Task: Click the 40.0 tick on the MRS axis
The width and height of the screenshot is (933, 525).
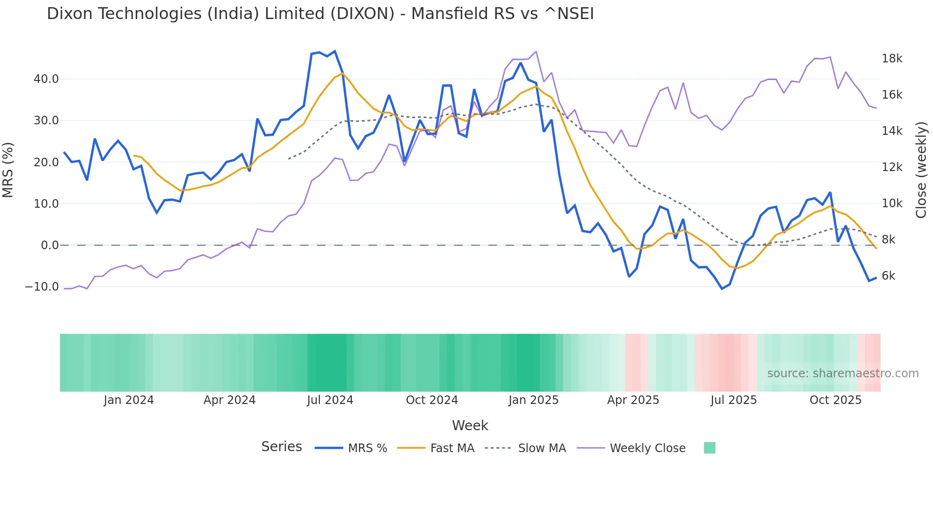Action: pos(46,79)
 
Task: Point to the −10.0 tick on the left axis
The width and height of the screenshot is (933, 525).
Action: pos(42,287)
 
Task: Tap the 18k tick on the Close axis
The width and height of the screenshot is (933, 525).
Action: pos(892,59)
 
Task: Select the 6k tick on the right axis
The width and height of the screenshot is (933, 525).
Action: pos(888,276)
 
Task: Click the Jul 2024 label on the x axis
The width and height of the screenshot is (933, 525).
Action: pos(330,400)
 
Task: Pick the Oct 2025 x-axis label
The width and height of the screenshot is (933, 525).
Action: pos(835,400)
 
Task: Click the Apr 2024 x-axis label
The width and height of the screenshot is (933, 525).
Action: pos(229,400)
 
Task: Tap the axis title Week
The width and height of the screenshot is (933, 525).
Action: pos(470,425)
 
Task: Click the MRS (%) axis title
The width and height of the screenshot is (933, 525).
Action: pos(8,170)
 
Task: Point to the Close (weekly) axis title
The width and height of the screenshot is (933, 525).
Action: pos(921,170)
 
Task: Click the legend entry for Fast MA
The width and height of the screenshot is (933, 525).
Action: pos(452,448)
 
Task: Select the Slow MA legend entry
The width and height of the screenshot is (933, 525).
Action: pos(542,448)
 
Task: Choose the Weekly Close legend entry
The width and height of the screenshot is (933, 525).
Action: pos(647,448)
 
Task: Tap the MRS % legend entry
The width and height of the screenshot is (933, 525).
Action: pos(367,448)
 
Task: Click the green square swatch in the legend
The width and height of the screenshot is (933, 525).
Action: pos(709,448)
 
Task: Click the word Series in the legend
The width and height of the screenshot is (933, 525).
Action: pos(281,447)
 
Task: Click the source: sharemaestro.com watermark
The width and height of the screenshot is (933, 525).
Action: pos(843,374)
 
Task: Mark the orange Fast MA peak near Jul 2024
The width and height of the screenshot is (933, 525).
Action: pos(342,73)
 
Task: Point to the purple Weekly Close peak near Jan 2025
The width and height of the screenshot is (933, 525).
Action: pos(536,51)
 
